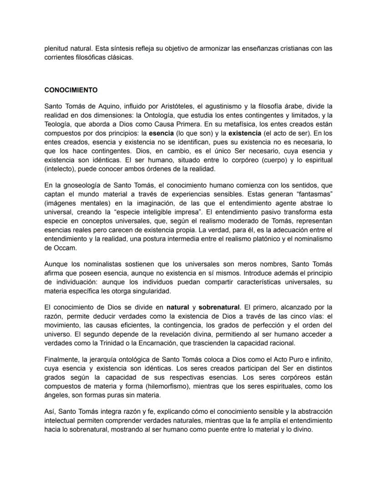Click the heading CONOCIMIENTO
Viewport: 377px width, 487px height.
pyautogui.click(x=71, y=90)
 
